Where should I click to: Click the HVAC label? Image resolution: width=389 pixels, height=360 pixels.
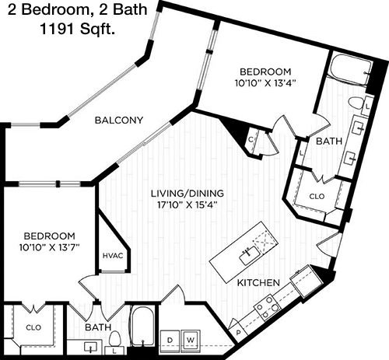113,256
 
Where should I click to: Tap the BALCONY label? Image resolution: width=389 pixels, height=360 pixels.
119,121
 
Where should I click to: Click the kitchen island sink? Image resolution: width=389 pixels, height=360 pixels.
249,255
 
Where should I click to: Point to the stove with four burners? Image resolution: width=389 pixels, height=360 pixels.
268,307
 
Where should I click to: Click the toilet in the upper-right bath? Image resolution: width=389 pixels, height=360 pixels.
356,103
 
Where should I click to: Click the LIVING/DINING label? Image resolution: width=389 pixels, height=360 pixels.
187,194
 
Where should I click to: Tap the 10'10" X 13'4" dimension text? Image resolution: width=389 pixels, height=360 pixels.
265,83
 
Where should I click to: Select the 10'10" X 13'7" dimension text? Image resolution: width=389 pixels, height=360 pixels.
49,248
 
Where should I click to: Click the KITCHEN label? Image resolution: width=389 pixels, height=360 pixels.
258,282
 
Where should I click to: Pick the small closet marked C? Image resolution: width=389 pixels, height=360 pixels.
251,140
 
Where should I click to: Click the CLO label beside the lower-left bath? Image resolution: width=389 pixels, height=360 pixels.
33,327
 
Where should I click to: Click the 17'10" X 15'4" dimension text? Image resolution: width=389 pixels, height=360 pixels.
187,205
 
